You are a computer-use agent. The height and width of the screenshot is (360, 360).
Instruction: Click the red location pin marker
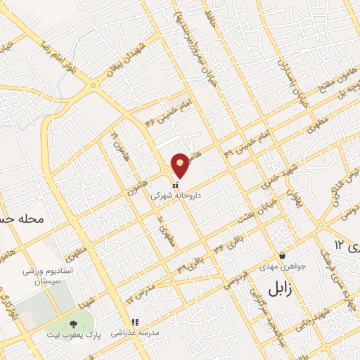click(x=181, y=163)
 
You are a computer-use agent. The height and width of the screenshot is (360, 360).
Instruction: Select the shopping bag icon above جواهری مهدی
click(x=282, y=255)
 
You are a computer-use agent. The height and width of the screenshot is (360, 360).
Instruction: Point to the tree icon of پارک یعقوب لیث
click(x=73, y=325)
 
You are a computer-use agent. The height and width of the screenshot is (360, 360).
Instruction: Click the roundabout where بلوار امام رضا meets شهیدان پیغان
click(x=93, y=86)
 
